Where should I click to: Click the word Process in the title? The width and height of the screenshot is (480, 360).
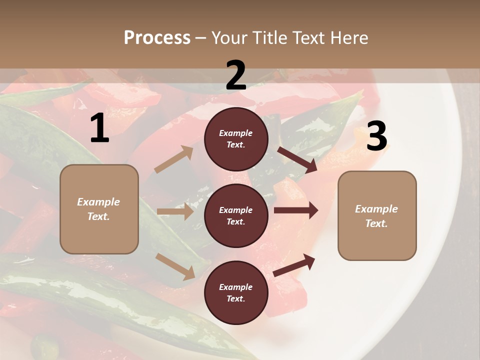click(157, 38)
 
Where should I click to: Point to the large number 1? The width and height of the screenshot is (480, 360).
click(99, 128)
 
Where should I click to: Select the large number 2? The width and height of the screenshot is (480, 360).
click(236, 75)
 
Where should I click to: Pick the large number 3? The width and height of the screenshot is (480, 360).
click(376, 136)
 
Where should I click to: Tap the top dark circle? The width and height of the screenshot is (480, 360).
click(236, 139)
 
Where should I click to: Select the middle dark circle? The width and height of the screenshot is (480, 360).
click(236, 215)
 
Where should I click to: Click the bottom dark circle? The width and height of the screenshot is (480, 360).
click(236, 292)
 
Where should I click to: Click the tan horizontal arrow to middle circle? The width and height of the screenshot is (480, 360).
click(175, 211)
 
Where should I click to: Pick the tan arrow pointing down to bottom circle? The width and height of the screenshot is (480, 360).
click(175, 266)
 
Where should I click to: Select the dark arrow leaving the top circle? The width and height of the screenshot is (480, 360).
click(297, 159)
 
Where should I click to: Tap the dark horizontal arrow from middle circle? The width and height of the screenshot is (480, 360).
click(296, 210)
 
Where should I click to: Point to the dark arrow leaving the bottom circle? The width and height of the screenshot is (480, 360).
click(294, 265)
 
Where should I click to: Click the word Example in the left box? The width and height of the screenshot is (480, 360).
click(98, 202)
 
